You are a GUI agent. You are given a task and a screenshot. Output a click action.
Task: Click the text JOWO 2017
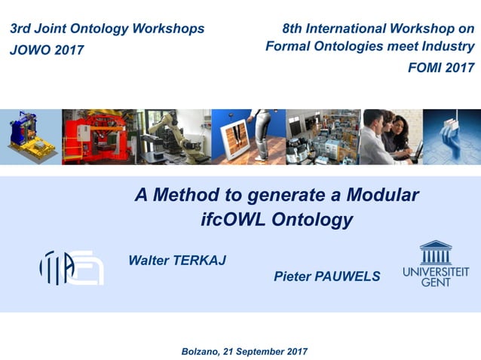(x=47, y=50)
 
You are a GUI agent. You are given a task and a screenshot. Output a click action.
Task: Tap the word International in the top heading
(x=344, y=29)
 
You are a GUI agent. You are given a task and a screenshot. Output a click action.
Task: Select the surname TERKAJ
(x=200, y=260)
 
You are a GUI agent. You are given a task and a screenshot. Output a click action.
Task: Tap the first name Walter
(x=149, y=260)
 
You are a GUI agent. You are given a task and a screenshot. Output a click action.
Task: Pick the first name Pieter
(x=293, y=277)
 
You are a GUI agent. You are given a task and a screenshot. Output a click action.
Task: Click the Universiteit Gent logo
(x=435, y=264)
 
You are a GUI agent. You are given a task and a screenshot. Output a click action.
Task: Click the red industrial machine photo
(x=99, y=136)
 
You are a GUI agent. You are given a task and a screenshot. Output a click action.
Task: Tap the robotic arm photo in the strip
(x=173, y=136)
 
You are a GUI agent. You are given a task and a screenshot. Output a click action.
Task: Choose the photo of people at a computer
(x=392, y=136)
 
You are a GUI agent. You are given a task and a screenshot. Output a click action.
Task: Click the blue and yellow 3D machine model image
(x=29, y=136)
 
